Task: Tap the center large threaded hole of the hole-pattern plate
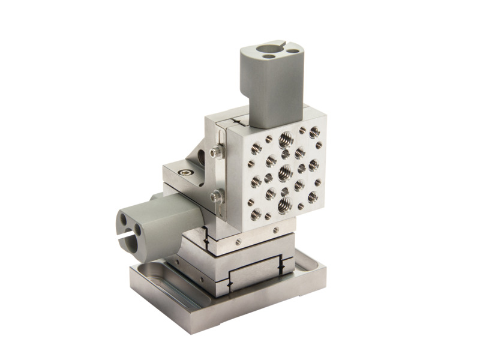(285, 173)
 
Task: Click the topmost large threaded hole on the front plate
(285, 139)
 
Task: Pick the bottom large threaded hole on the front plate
(284, 206)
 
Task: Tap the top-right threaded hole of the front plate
(314, 132)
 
